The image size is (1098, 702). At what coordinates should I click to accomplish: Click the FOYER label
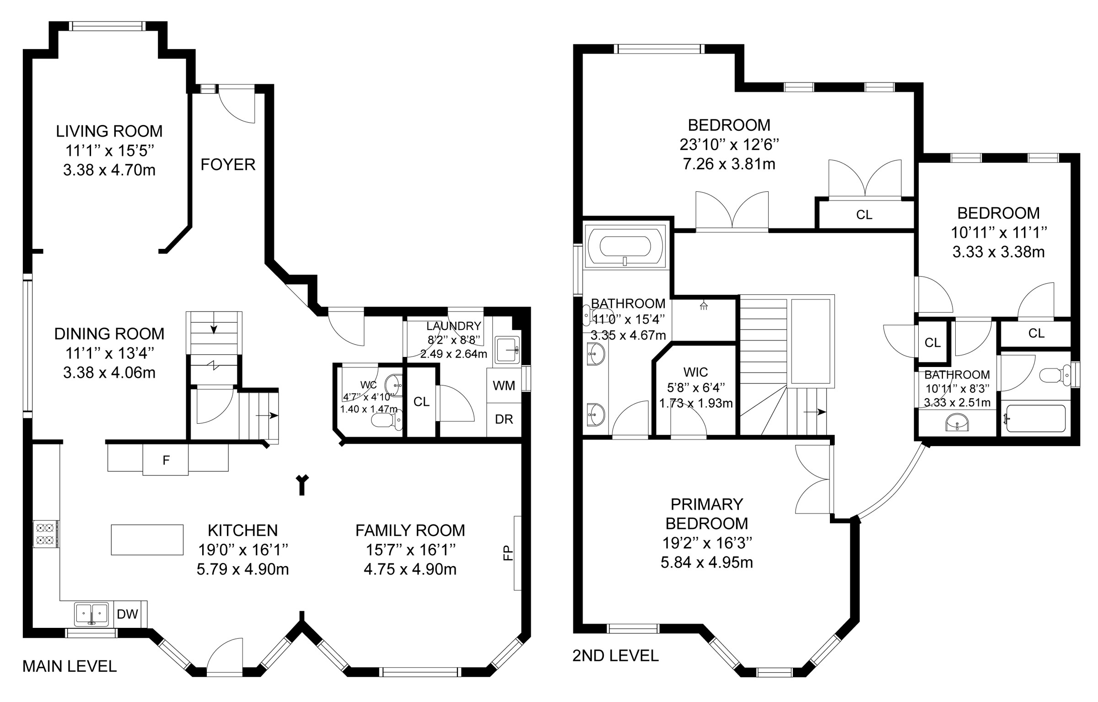[x=228, y=164]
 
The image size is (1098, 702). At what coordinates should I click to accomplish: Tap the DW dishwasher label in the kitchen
[x=127, y=614]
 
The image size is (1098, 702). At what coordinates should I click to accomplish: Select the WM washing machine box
[x=504, y=385]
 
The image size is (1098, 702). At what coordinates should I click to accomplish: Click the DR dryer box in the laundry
[x=504, y=419]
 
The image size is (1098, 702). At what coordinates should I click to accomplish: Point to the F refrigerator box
[x=166, y=459]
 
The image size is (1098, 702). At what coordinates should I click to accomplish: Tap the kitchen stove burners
[x=46, y=534]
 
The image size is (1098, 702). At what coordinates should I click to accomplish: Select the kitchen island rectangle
[x=147, y=540]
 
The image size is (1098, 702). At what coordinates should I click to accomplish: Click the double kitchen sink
[x=91, y=614]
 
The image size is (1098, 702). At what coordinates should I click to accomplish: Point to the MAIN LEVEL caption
[x=70, y=666]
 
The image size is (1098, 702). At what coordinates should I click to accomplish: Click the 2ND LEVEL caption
[x=615, y=656]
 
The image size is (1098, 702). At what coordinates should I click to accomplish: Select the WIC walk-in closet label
[x=695, y=372]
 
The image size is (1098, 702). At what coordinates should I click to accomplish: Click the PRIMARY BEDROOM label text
[x=707, y=513]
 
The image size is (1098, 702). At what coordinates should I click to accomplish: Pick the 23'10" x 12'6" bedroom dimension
[x=729, y=145]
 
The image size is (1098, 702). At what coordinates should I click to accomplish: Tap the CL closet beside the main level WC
[x=421, y=401]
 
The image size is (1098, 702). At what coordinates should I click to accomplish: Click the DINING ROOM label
[x=109, y=334]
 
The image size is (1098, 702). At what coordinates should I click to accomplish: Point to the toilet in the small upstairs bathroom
[x=1055, y=376]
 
